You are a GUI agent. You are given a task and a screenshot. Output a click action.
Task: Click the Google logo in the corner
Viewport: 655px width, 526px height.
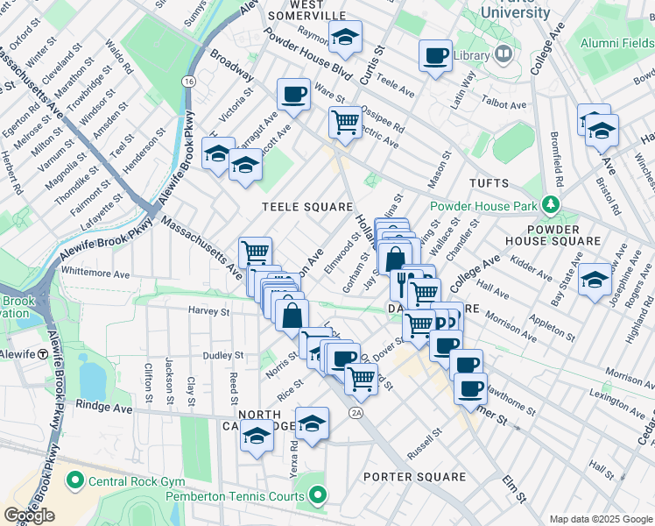click(x=29, y=515)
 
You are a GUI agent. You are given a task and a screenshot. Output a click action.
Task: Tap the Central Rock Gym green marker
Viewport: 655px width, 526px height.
click(x=74, y=480)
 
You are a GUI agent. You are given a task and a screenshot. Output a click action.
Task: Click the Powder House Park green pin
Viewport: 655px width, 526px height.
click(x=549, y=205)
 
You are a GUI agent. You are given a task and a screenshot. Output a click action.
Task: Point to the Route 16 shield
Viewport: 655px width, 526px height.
click(x=188, y=81)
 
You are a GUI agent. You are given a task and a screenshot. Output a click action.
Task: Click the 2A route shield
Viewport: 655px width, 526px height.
click(x=355, y=412)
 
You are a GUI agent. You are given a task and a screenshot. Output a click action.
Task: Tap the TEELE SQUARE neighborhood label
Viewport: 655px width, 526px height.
click(x=307, y=207)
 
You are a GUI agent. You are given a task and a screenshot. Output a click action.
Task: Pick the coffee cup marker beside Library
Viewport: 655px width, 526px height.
click(x=435, y=56)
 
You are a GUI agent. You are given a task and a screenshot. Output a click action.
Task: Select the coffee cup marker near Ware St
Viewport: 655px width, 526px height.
click(x=293, y=94)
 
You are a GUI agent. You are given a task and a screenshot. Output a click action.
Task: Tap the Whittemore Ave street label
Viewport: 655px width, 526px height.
click(x=95, y=273)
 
